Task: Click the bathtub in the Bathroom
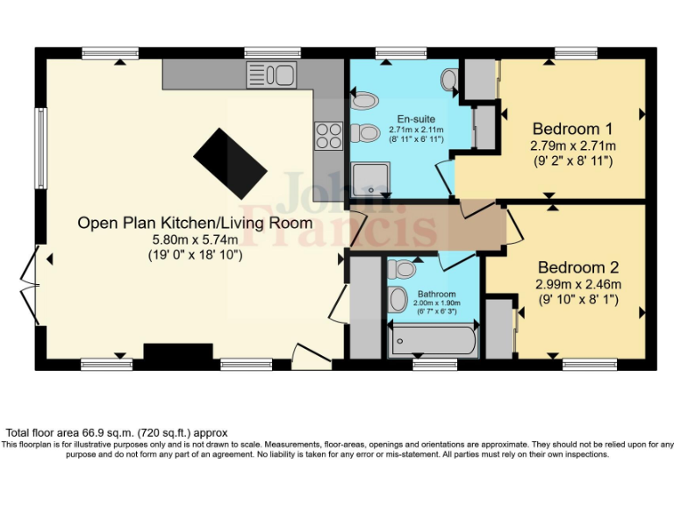click(433, 338)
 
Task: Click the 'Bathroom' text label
click(436, 294)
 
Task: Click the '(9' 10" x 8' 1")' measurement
click(578, 299)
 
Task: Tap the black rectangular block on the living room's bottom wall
click(178, 352)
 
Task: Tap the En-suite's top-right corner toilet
click(449, 80)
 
